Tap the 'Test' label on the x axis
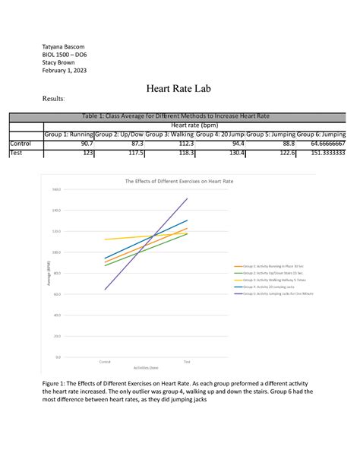187,362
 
